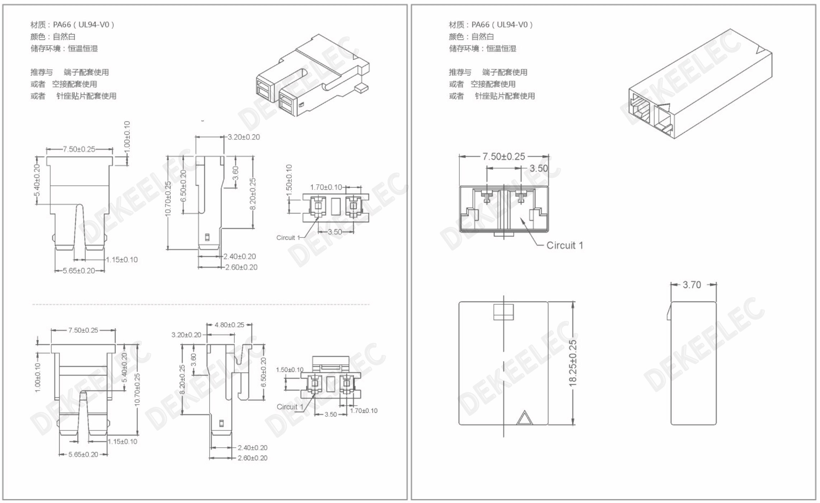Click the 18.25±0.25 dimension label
click(573, 363)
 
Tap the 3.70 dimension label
click(692, 285)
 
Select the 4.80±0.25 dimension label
click(229, 325)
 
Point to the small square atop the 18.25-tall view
click(503, 312)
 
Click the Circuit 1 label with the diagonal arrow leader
click(564, 245)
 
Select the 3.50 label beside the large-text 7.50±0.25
click(539, 168)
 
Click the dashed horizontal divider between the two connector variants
click(201, 304)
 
